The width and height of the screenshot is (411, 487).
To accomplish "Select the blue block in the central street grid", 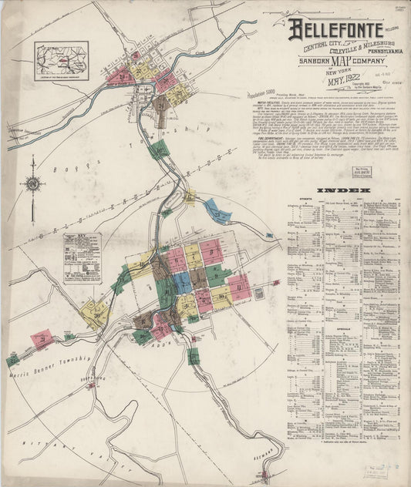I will [x=183, y=284].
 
